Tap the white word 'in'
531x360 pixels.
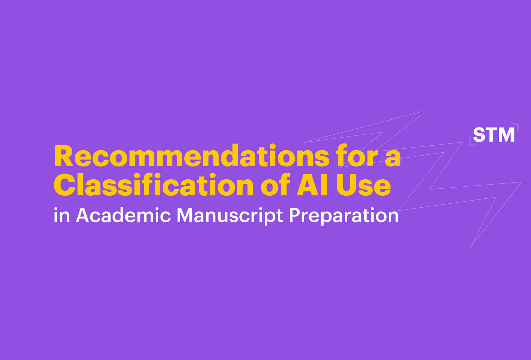coord(61,215)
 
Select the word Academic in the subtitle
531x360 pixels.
coord(123,215)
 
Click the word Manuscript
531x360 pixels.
coord(230,216)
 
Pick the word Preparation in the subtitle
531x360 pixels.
coord(344,216)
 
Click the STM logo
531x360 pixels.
coord(494,135)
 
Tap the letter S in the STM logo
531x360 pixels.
coord(479,135)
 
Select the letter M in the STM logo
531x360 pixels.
coord(506,135)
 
